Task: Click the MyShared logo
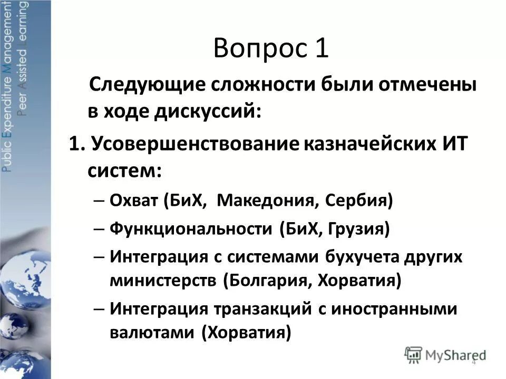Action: coord(445,354)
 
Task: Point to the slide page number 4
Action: coord(473,362)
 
